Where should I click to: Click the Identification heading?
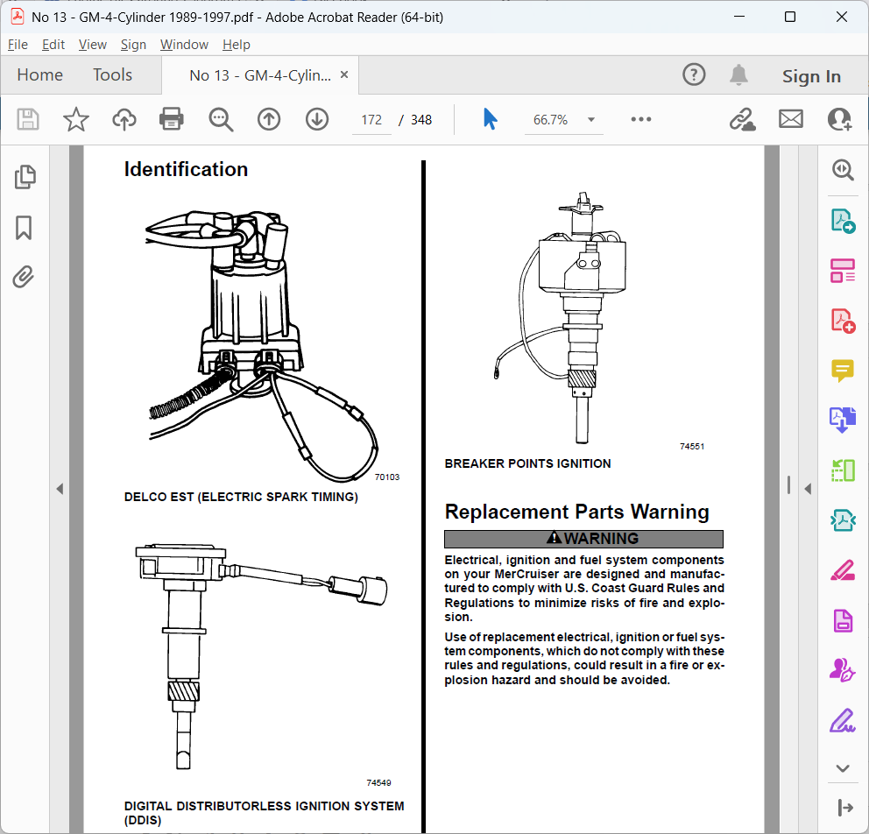186,170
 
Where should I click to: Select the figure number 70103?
387,477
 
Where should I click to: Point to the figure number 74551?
692,447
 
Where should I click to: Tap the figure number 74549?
378,783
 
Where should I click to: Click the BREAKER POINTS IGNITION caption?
527,463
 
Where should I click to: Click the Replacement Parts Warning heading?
577,512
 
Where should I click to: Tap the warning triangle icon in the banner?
554,538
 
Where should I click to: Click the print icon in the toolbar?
171,119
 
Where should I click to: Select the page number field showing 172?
371,120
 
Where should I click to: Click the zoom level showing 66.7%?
550,120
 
